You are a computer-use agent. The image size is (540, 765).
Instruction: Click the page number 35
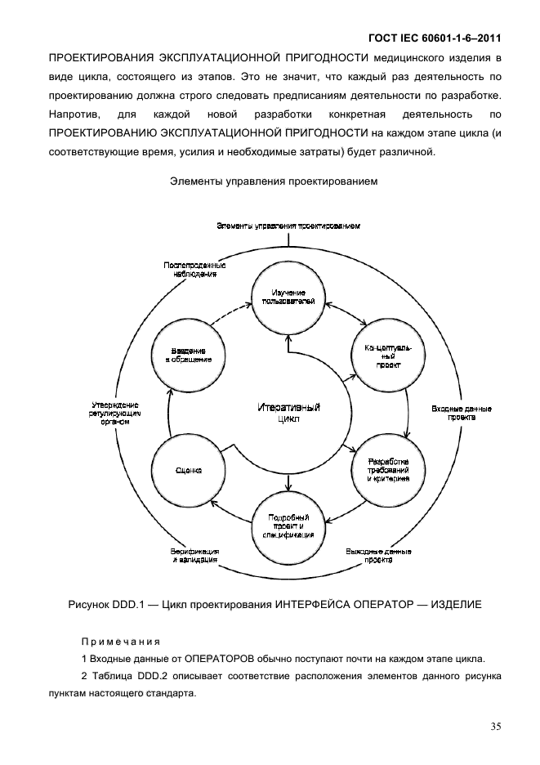(x=495, y=725)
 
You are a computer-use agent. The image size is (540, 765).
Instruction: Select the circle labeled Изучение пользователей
(x=288, y=297)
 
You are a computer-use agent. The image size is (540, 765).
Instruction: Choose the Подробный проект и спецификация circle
(x=288, y=525)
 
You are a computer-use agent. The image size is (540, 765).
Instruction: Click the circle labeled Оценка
(x=189, y=470)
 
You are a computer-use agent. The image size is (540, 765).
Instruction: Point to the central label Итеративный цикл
(x=288, y=412)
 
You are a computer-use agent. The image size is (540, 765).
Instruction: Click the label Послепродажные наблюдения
(x=194, y=270)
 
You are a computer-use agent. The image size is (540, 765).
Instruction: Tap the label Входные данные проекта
(x=454, y=411)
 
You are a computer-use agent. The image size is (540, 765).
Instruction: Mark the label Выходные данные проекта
(x=377, y=557)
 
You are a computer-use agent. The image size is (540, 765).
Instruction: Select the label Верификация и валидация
(x=194, y=557)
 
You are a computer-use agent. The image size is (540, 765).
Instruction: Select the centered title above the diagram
(x=273, y=181)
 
